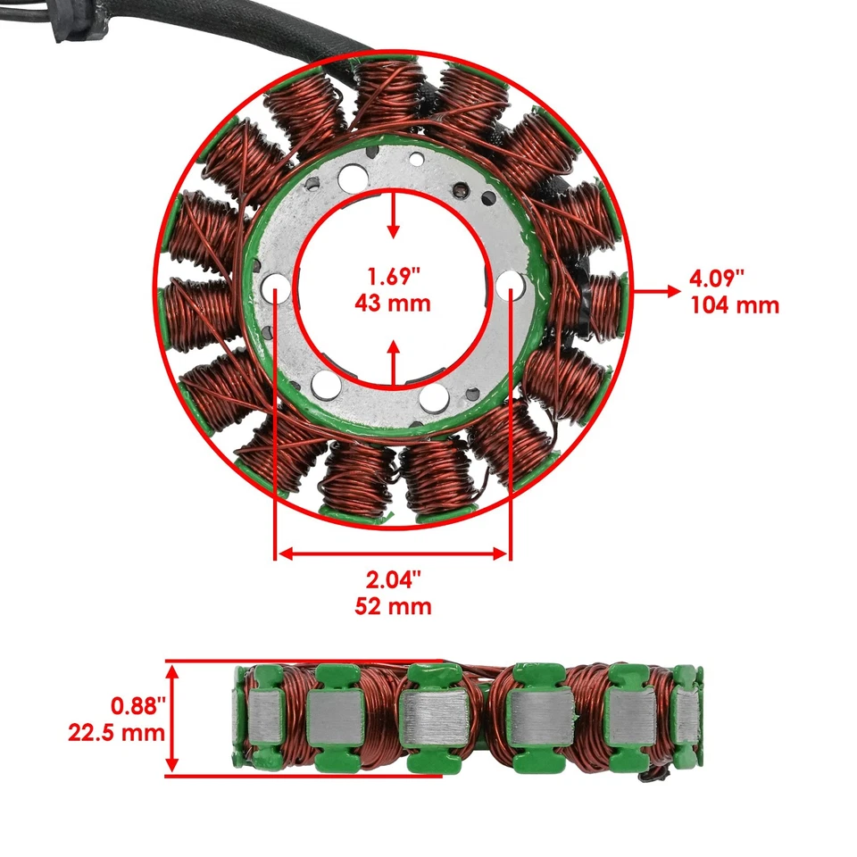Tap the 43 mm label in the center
pos(393,304)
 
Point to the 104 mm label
pos(734,305)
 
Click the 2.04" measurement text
pos(393,579)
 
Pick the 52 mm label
pos(393,607)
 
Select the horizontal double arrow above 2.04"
pos(393,554)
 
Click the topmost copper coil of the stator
pos(391,94)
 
